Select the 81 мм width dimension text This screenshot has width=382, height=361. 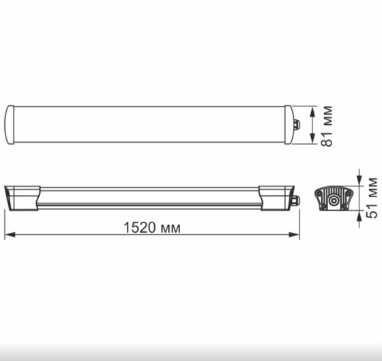(328, 125)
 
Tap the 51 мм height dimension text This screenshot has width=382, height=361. (372, 197)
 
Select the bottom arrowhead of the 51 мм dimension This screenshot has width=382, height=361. (359, 212)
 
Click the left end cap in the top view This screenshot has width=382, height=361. (10, 124)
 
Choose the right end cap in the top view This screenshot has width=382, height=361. (289, 124)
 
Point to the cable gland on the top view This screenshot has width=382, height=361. (297, 124)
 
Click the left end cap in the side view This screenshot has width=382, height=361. (20, 197)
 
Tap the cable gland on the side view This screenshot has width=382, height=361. (296, 201)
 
